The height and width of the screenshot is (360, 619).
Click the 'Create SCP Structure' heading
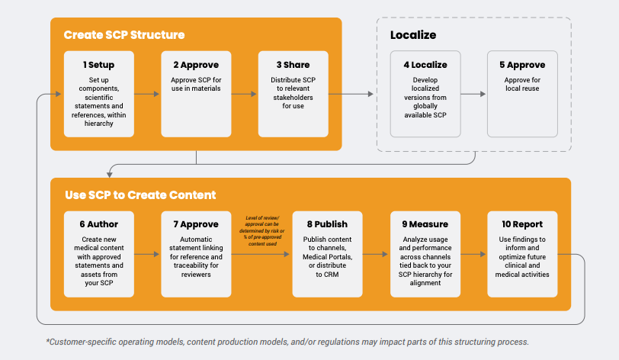[124, 35]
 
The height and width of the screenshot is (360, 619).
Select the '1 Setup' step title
[100, 65]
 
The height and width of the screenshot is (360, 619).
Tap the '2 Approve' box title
[197, 65]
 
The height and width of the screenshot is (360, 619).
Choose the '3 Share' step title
[293, 65]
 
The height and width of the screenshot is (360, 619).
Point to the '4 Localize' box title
[425, 65]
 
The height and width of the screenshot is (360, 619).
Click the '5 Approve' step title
[522, 65]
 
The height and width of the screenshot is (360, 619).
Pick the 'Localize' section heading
[413, 35]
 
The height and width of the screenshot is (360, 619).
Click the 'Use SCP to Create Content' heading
[140, 195]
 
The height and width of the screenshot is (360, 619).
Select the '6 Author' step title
[100, 225]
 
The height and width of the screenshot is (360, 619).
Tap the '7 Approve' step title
[197, 225]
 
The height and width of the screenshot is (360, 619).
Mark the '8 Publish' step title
[327, 225]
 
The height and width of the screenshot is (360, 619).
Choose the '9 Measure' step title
[425, 225]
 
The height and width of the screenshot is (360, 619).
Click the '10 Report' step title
[522, 225]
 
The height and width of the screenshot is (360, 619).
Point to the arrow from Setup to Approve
[149, 94]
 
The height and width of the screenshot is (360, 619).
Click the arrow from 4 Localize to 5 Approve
[473, 94]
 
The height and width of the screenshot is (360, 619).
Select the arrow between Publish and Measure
[376, 254]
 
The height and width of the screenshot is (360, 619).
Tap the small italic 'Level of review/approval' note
[262, 232]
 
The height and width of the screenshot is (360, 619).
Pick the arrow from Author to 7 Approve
[149, 254]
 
